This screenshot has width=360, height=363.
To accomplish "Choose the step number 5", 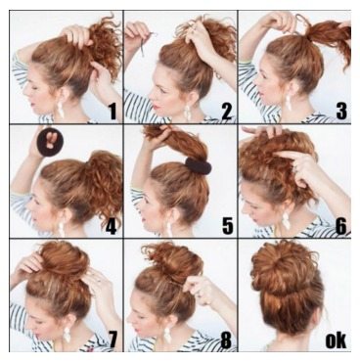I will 226,226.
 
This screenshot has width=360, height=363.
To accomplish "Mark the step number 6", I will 339,226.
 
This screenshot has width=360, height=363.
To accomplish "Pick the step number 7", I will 112,340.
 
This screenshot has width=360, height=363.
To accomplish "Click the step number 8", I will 226,340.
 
